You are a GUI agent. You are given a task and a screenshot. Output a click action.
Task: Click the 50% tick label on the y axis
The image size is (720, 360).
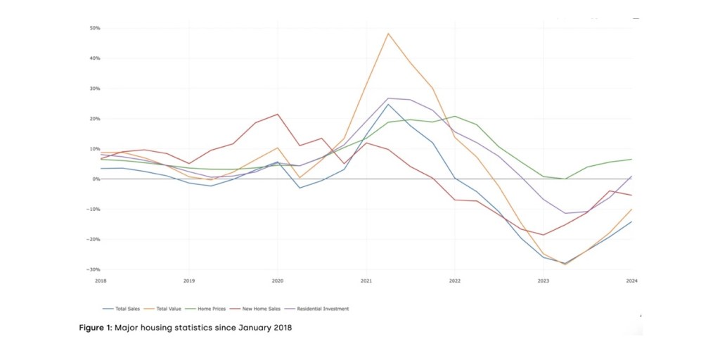tap(95, 28)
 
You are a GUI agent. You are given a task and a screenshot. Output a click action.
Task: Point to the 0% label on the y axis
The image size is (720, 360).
tap(96, 179)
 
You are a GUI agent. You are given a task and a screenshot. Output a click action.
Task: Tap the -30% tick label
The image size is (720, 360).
tap(94, 270)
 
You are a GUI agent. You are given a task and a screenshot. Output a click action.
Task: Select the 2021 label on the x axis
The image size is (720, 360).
tap(366, 281)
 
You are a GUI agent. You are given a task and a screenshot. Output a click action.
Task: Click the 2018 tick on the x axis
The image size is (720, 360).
tap(101, 281)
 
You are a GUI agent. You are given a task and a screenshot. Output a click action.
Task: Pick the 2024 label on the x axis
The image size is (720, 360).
tap(632, 281)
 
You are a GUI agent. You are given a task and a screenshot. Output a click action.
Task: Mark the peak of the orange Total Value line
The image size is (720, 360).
tap(388, 33)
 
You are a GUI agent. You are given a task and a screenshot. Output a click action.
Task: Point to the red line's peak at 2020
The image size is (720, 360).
tap(278, 114)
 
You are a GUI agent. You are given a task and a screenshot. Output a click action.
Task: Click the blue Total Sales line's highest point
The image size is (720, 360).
tap(388, 104)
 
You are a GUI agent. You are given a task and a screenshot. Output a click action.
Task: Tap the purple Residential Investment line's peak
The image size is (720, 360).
tap(388, 98)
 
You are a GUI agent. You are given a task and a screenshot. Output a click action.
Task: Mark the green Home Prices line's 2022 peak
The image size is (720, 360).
tap(455, 117)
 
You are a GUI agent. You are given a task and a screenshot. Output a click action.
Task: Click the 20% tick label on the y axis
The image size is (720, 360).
tap(95, 119)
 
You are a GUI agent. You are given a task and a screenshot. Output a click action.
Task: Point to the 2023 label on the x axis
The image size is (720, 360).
tap(544, 281)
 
